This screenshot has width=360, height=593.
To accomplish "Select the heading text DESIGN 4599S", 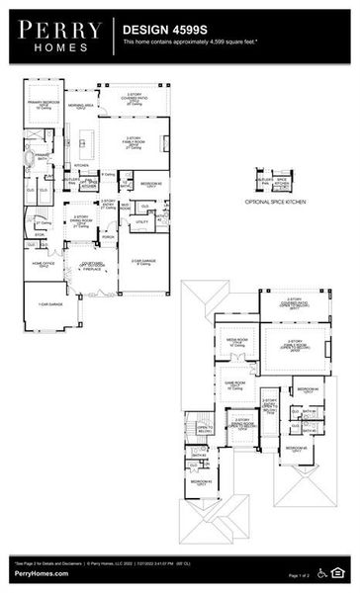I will [162, 31].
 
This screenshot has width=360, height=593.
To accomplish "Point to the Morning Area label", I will [80, 104].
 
